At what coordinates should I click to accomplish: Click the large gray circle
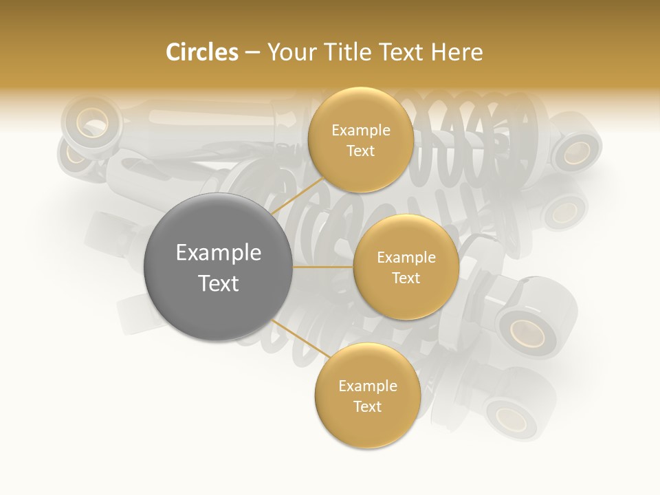(218, 267)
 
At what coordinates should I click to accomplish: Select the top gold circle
(360, 140)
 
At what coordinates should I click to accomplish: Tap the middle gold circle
(406, 267)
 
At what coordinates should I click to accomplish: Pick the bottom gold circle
(367, 395)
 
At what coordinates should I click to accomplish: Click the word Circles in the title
(202, 52)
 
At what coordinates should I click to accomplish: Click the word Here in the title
(457, 52)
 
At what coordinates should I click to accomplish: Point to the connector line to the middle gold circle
(323, 267)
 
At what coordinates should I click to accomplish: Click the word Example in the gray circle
(219, 253)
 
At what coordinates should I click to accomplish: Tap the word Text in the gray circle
(219, 283)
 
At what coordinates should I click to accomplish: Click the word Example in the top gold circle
(361, 131)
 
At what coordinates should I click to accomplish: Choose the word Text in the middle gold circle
(406, 278)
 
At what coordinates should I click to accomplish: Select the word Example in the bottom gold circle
(368, 386)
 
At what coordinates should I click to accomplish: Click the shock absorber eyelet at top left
(89, 124)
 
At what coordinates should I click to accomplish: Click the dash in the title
(252, 53)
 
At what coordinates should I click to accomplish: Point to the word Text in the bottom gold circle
(367, 407)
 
